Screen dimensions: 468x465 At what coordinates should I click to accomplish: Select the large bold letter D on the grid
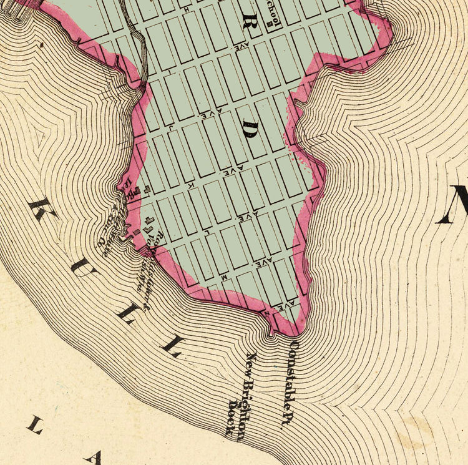point(251,130)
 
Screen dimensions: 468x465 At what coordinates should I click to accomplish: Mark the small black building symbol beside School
point(270,25)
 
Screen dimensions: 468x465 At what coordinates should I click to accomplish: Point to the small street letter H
point(186,11)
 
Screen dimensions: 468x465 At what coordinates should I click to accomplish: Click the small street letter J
point(170,127)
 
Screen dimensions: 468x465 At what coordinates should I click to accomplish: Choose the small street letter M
point(223,275)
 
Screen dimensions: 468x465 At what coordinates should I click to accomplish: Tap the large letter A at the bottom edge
point(94,459)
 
